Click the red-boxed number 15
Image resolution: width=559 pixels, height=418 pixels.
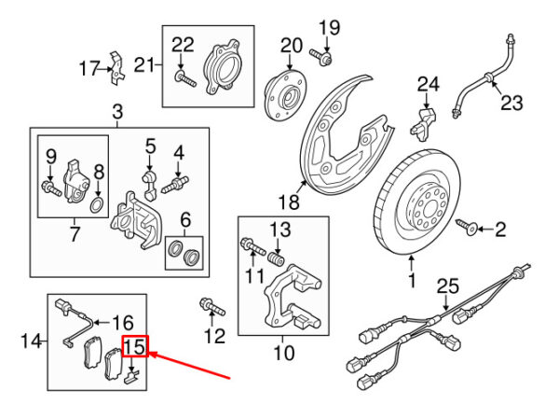coord(135,346)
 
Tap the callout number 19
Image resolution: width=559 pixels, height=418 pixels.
coord(329,27)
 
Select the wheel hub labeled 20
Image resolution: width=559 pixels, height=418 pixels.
coord(286,96)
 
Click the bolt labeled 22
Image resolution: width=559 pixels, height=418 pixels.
coord(185,79)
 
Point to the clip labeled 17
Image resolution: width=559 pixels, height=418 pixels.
coord(116,68)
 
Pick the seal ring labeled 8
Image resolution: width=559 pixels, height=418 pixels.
coord(97,205)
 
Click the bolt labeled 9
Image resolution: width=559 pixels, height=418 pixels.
coord(51,188)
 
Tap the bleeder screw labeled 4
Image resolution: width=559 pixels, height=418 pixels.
coord(175,184)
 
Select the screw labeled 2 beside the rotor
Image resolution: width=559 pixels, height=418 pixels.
coord(467,227)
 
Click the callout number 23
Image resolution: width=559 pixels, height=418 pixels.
coord(511,103)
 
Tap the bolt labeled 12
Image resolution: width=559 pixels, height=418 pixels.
coord(212,307)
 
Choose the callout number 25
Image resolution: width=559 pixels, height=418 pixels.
coord(448,286)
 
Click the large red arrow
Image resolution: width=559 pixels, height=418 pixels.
coord(190,365)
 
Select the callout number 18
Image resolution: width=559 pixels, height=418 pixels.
coord(289,202)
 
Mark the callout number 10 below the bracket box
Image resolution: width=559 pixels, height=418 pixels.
coord(284,353)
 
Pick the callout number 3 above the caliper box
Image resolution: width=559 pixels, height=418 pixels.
coord(117,112)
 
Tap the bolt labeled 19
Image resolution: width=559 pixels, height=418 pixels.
coord(320,57)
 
